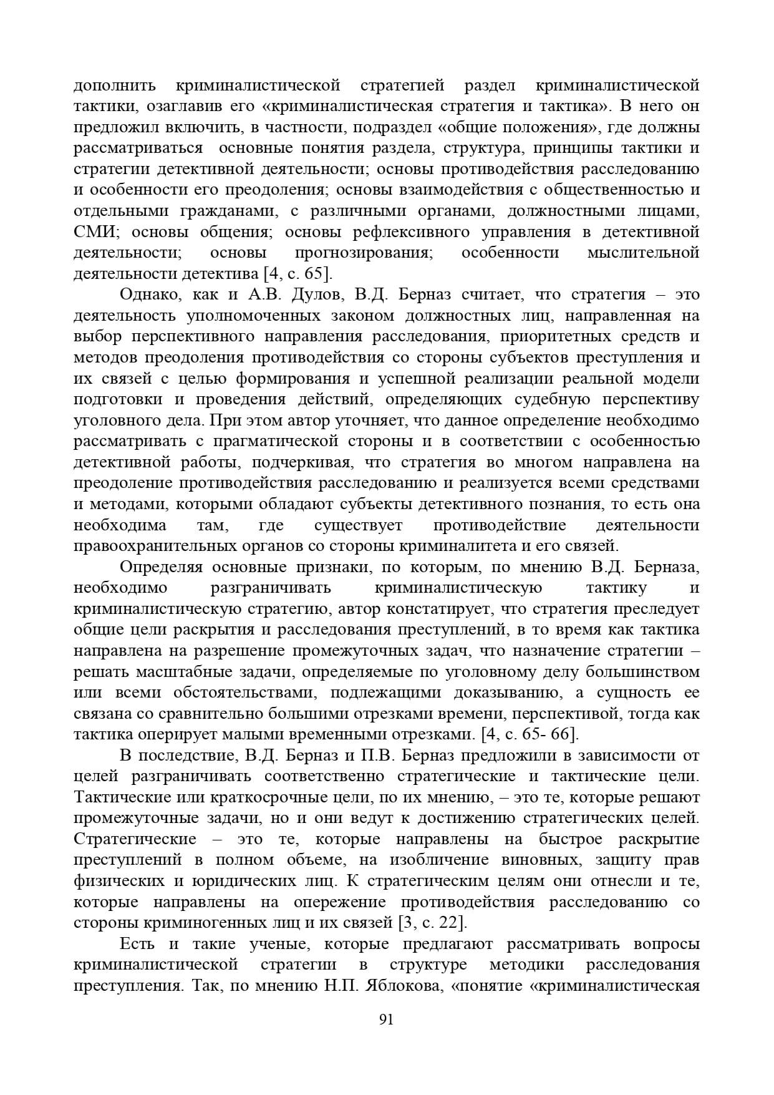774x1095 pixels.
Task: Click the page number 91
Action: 386,1019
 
